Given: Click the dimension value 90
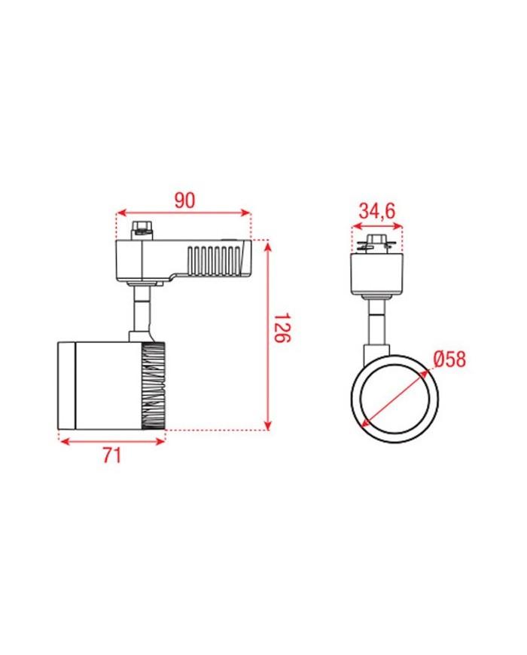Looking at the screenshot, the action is point(184,200).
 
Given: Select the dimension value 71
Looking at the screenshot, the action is point(112,455).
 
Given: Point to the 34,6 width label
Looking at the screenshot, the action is point(377,211).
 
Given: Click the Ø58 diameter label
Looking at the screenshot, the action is point(449,359).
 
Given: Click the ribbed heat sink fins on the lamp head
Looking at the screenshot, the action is point(154,386).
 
